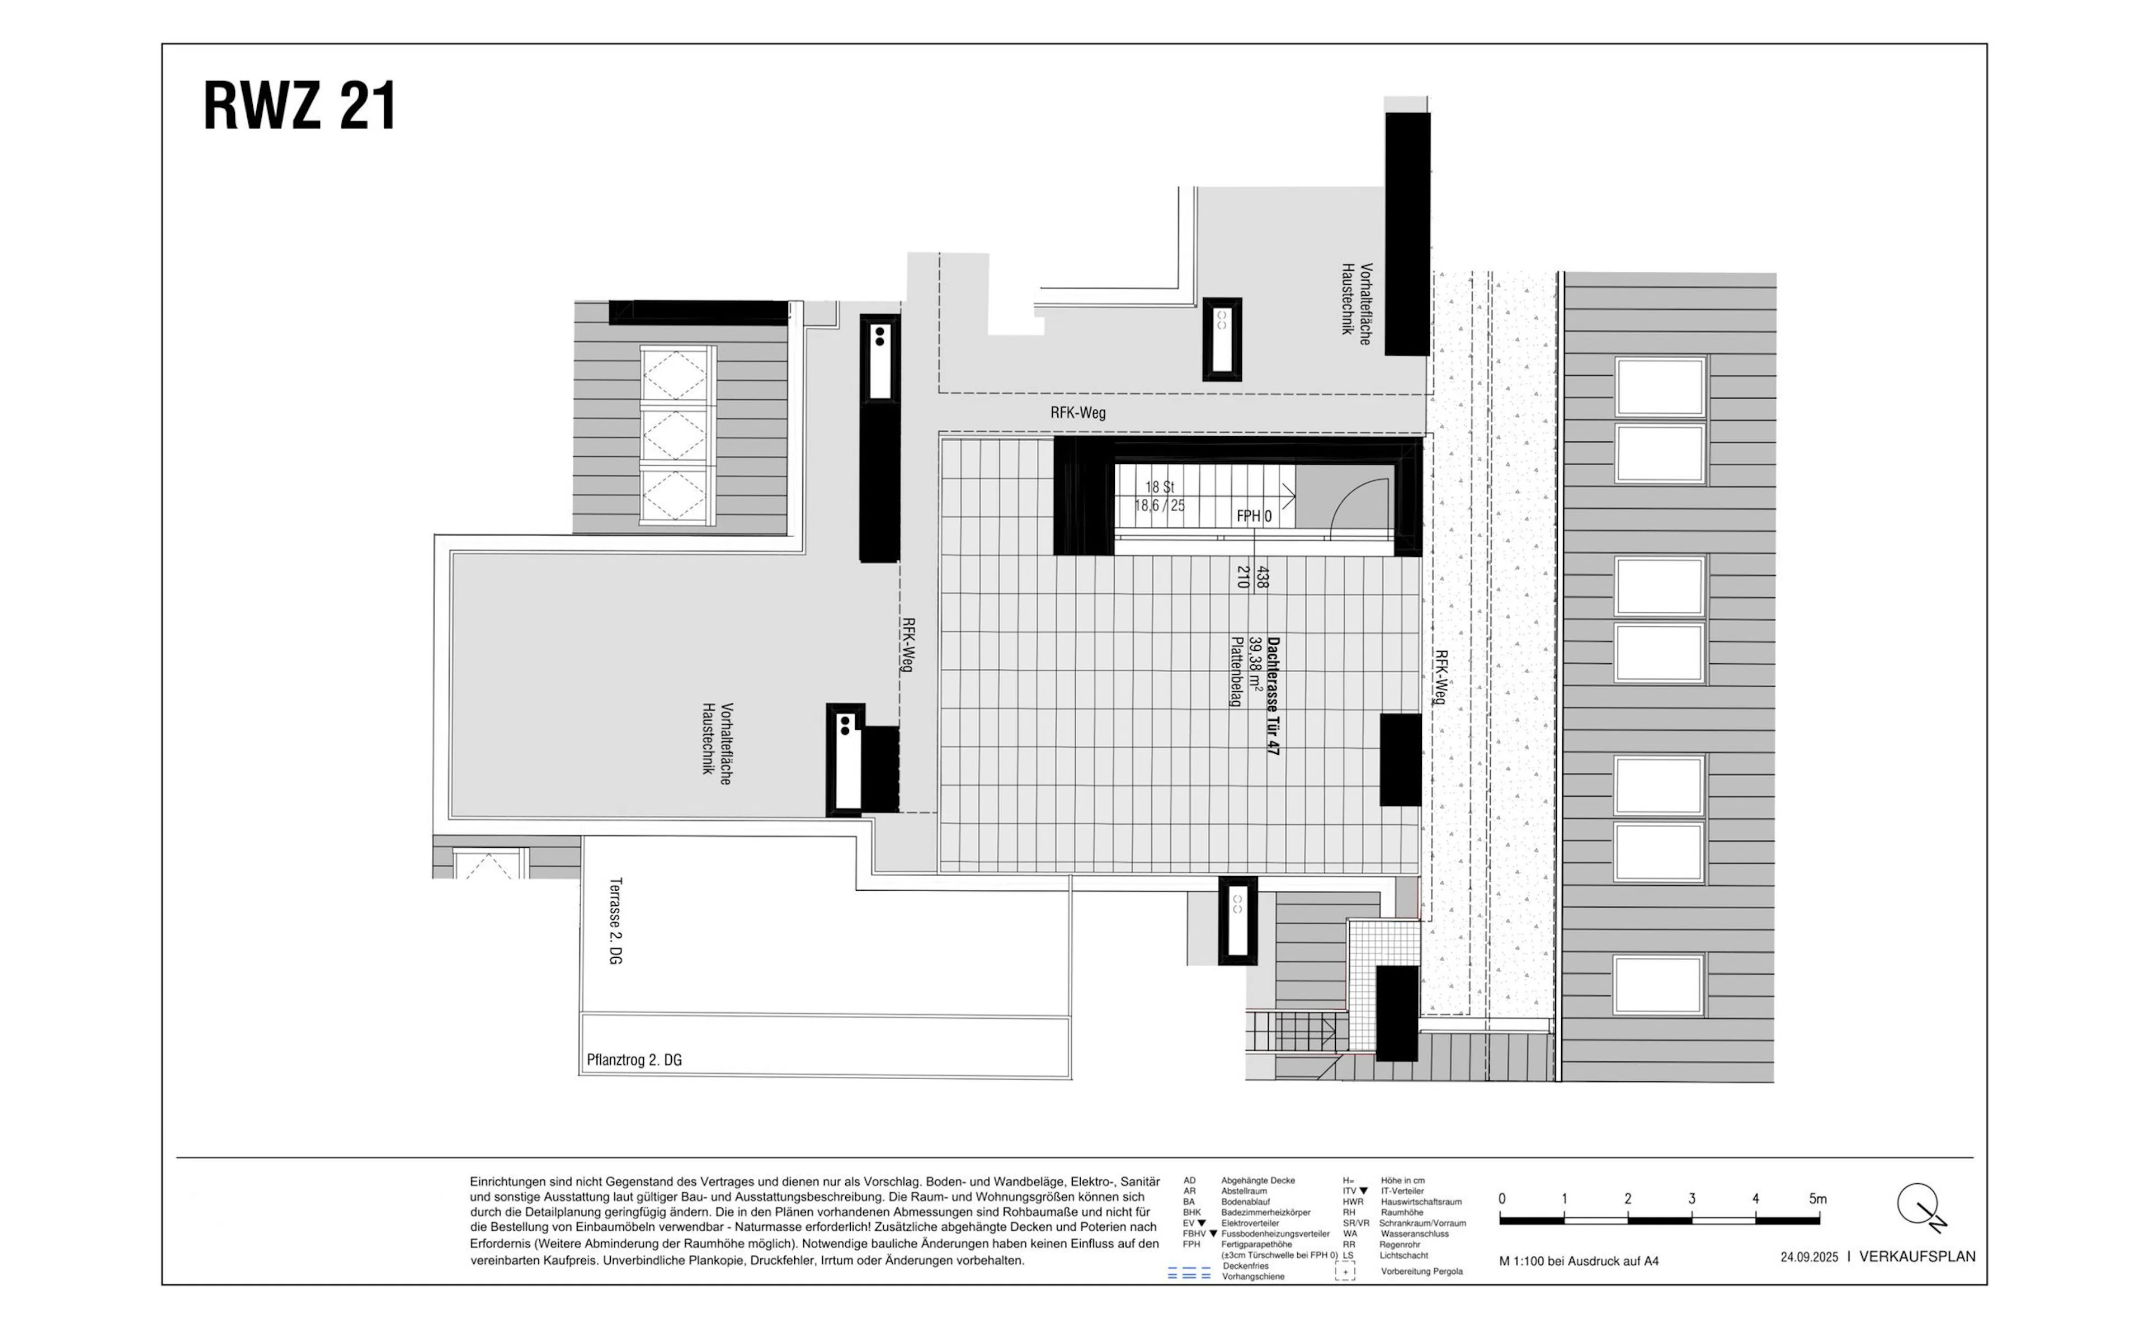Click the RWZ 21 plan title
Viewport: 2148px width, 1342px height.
pyautogui.click(x=299, y=106)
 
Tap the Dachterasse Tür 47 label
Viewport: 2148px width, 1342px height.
pyautogui.click(x=1274, y=696)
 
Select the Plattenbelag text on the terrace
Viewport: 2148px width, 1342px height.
pyautogui.click(x=1235, y=671)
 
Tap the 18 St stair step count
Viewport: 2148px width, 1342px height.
pyautogui.click(x=1159, y=487)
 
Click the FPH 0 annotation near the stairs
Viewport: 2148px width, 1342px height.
pyautogui.click(x=1254, y=516)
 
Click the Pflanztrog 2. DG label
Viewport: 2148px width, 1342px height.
pyautogui.click(x=634, y=1060)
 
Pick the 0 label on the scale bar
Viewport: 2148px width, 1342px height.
pyautogui.click(x=1502, y=1199)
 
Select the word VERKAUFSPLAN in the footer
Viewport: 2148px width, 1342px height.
pyautogui.click(x=1917, y=1257)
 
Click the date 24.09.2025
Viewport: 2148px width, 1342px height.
pyautogui.click(x=1809, y=1258)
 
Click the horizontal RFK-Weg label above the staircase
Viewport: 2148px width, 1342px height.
pyautogui.click(x=1077, y=413)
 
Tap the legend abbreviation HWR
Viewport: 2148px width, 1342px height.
pyautogui.click(x=1353, y=1202)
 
